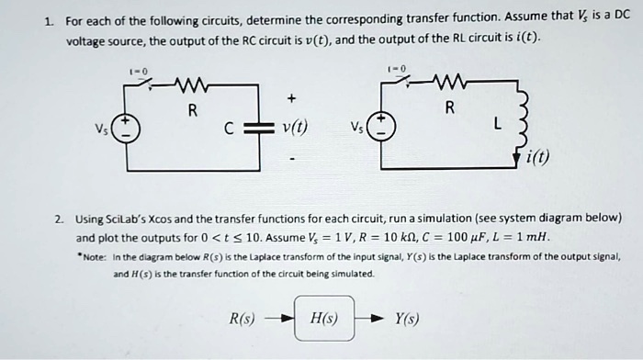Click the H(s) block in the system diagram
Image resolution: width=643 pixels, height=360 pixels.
tap(324, 318)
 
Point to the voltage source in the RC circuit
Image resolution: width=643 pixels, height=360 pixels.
tap(130, 129)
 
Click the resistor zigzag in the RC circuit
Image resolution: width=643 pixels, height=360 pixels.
tap(193, 87)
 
